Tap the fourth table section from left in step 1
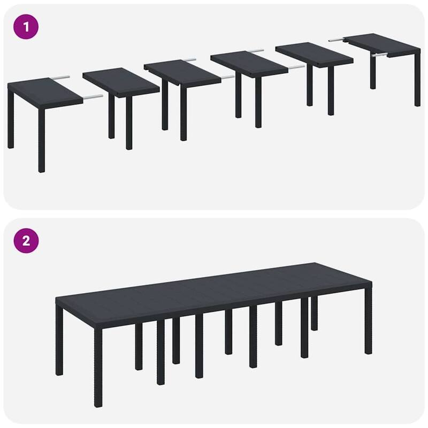[x=249, y=64]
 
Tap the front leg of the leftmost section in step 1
[x=41, y=139]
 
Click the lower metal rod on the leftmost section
[x=92, y=97]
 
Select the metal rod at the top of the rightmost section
[x=335, y=38]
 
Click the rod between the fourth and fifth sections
[x=296, y=67]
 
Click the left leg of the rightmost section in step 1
[x=373, y=72]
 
